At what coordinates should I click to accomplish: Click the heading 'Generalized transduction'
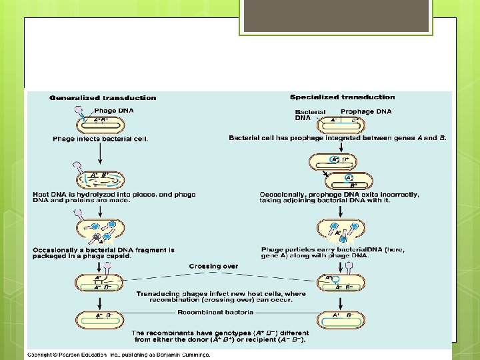coord(103,98)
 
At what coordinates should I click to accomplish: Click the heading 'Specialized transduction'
coord(342,97)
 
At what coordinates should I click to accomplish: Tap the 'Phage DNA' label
coord(113,110)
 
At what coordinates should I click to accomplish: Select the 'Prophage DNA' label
coord(366,111)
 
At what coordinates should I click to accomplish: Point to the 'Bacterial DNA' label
coord(310,115)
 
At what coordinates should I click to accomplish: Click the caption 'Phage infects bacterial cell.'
coord(101,139)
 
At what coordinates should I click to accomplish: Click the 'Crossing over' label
coord(213,265)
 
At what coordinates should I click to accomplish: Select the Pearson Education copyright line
coord(119,355)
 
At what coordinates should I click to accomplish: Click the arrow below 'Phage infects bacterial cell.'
coord(99,154)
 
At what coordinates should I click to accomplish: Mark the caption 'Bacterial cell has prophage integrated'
coord(337,138)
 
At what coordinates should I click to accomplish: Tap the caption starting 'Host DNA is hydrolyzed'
coord(114,197)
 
